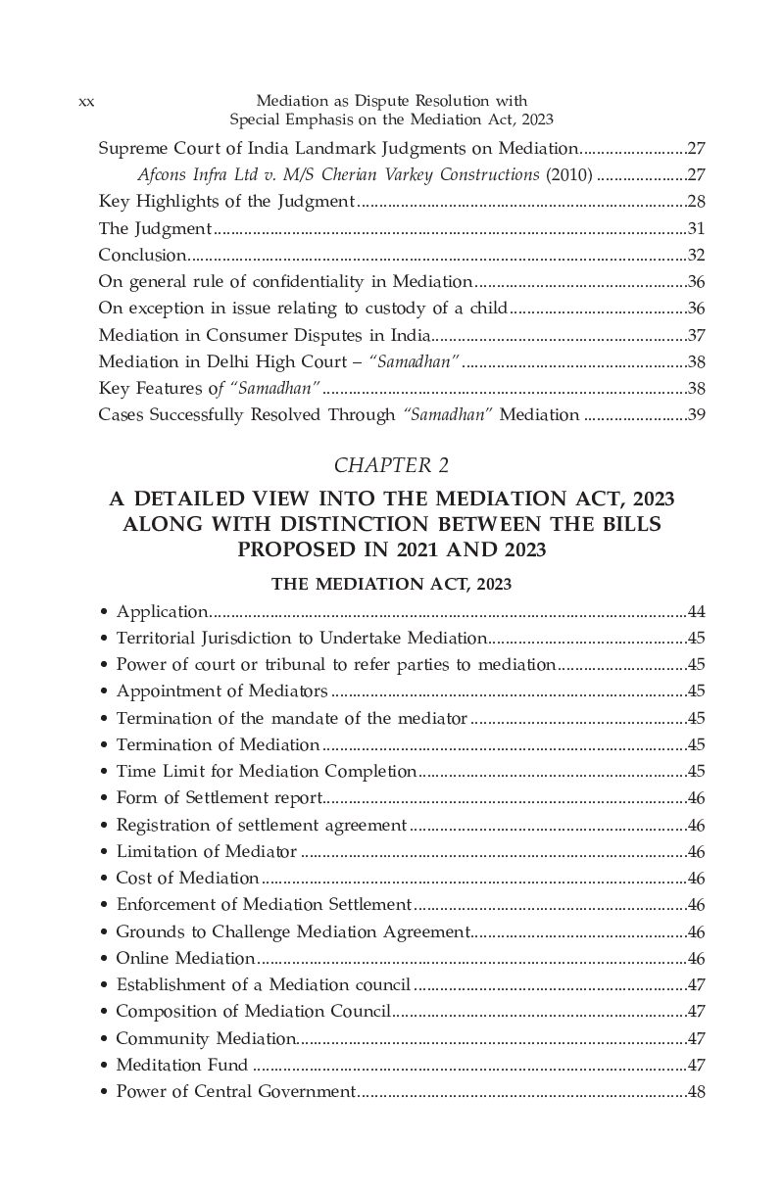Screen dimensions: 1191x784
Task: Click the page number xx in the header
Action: (85, 102)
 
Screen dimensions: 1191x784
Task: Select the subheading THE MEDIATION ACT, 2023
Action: (392, 584)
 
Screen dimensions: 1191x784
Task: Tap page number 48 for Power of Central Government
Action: (697, 1091)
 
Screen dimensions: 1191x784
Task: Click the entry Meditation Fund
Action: (181, 1065)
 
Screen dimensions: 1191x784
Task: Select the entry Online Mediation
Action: (185, 958)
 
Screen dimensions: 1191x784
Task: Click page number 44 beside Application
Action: (697, 612)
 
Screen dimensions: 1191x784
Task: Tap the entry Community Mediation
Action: (206, 1038)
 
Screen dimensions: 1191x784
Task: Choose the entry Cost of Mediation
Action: (187, 878)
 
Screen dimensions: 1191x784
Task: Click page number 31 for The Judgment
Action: (697, 228)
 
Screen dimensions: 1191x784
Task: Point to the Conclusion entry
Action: (142, 255)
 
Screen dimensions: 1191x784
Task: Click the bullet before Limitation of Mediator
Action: (104, 851)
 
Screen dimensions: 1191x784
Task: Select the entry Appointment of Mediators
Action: (221, 691)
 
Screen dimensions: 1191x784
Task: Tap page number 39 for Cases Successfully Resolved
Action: (697, 414)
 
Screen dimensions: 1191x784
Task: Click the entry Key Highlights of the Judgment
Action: (226, 202)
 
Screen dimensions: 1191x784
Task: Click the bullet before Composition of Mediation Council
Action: (104, 1012)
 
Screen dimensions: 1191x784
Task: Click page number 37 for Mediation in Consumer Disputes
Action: (697, 335)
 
